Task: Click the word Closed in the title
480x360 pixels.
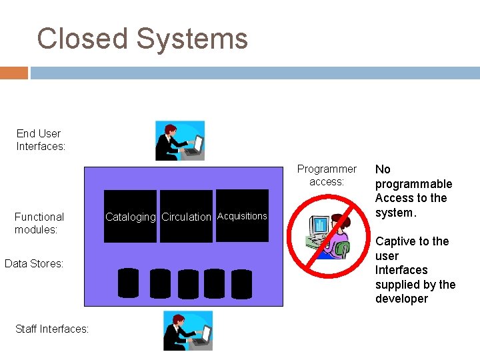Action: [83, 39]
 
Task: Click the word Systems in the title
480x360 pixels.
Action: [192, 39]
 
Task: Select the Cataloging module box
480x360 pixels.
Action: [131, 217]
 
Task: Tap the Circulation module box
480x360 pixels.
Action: [186, 217]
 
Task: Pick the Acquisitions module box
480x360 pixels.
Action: [242, 216]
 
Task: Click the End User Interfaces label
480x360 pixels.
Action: [41, 140]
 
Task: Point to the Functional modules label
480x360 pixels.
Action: [39, 223]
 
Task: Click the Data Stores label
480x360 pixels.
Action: [34, 263]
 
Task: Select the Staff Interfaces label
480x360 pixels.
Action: [51, 328]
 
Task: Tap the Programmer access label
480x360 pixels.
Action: [327, 175]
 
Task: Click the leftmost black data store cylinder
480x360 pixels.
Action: [128, 283]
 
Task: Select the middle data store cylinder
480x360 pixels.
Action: [188, 283]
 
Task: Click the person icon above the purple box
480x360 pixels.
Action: [179, 140]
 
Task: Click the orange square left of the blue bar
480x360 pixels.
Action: [13, 72]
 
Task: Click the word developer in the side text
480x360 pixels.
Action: [401, 299]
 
